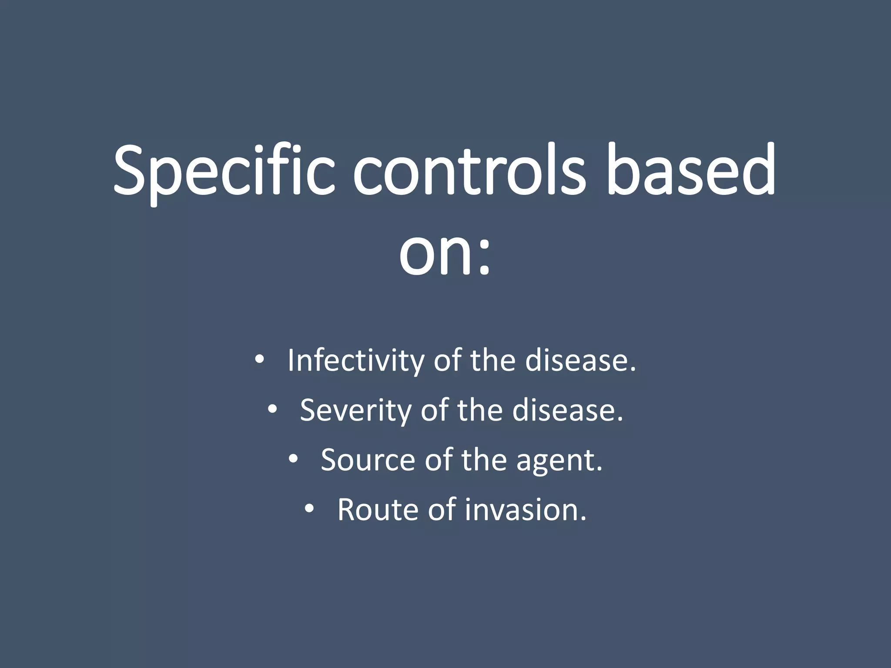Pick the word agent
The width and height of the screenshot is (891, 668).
point(559,461)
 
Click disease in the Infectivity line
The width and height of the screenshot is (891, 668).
point(580,361)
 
